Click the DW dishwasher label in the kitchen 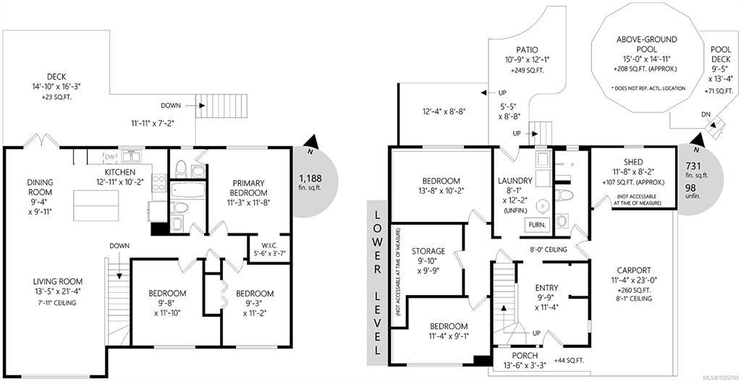pos(110,157)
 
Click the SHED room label pos(633,163)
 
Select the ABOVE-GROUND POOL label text pos(640,44)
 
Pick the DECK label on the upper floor pos(56,77)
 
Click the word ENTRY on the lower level pos(547,288)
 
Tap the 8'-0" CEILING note pos(548,249)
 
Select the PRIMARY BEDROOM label pos(250,188)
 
